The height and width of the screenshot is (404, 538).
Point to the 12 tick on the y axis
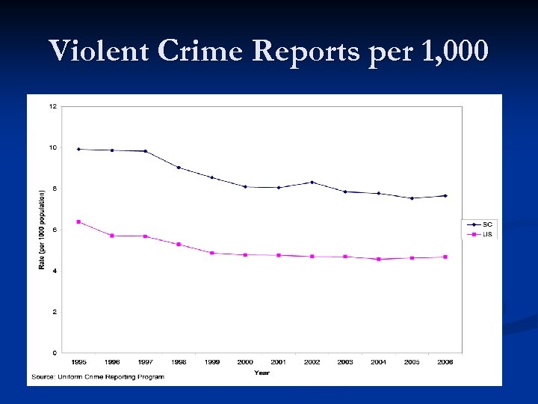(52, 106)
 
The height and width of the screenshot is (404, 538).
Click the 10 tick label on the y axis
(52, 147)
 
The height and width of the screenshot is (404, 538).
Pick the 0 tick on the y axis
(55, 352)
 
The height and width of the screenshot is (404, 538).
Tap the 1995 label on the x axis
(78, 362)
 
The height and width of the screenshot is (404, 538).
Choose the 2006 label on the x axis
(445, 362)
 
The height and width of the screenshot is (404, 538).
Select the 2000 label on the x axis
(245, 362)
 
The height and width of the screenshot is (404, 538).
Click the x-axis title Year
(262, 372)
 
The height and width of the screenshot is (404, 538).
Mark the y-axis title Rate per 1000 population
(42, 230)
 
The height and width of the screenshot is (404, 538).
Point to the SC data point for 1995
(78, 149)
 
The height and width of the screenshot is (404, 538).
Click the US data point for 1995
(78, 221)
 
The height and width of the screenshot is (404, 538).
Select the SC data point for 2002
(312, 182)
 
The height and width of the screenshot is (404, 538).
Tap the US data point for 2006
(445, 257)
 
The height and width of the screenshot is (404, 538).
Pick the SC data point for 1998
(179, 167)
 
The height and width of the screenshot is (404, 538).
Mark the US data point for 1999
(212, 253)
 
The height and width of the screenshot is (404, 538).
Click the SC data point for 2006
(445, 196)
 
